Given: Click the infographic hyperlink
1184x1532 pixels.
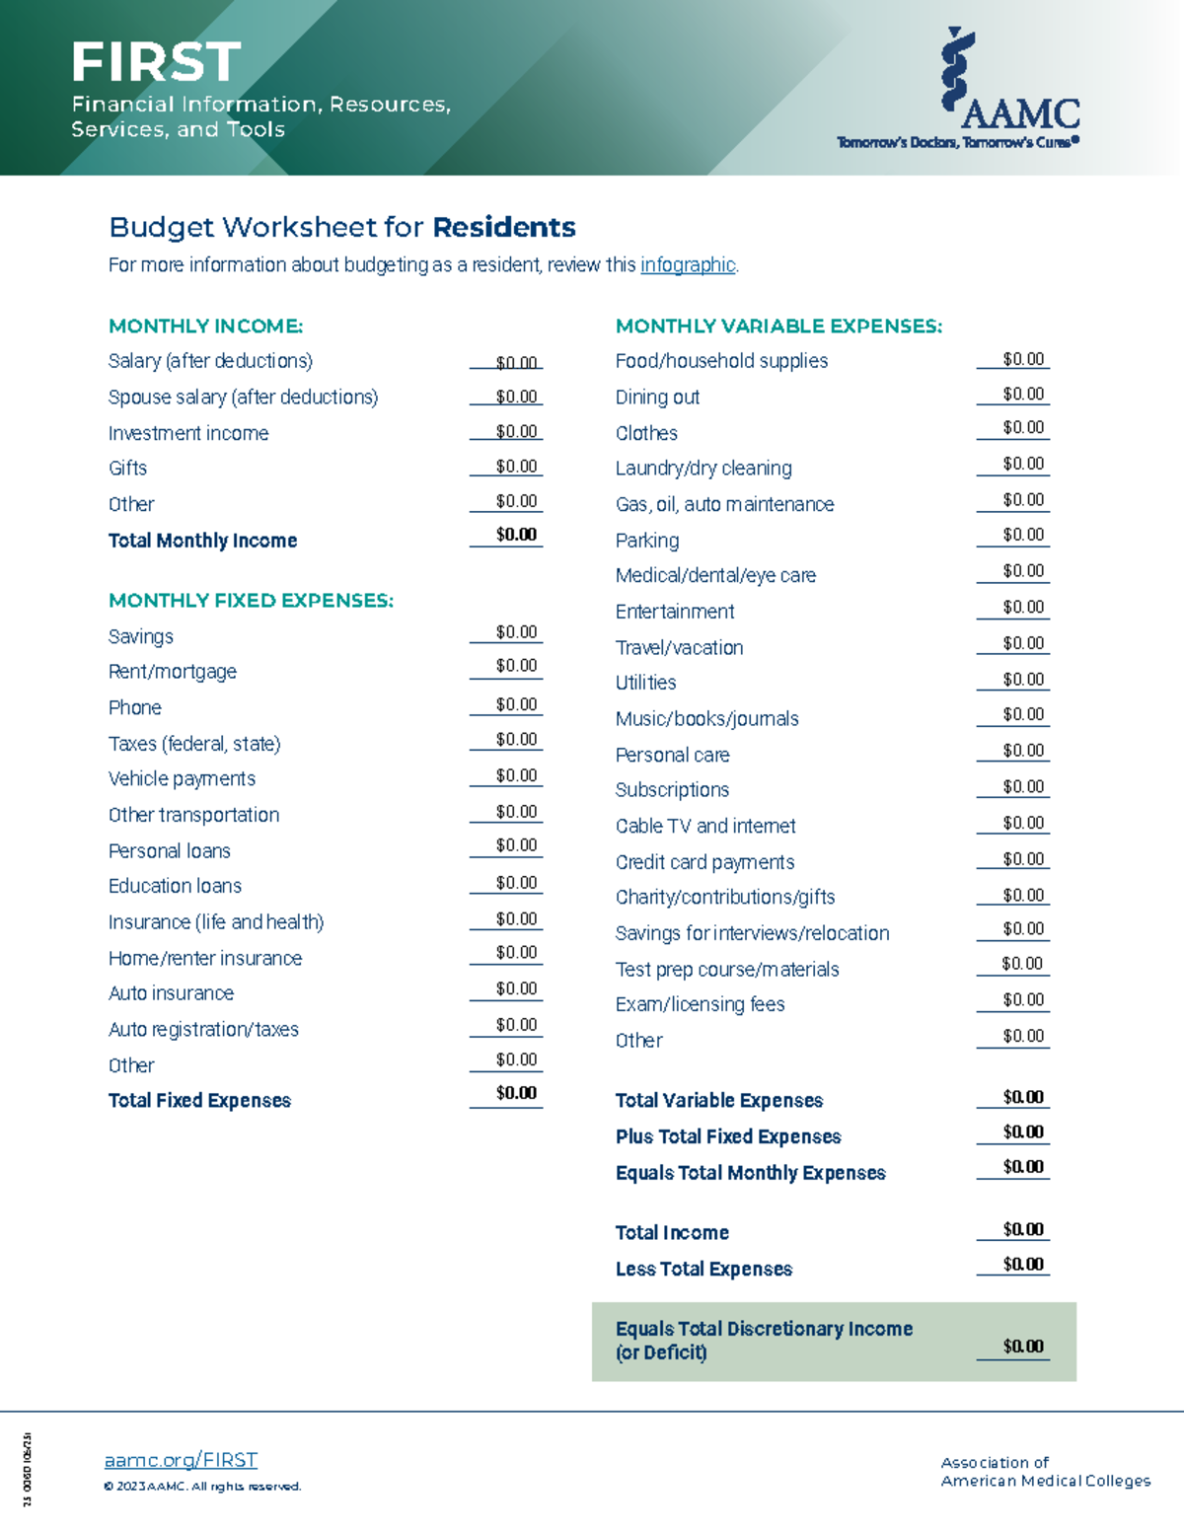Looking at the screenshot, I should pos(688,265).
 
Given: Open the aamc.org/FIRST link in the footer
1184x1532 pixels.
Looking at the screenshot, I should pos(181,1460).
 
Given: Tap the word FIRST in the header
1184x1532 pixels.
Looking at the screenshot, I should pos(156,62).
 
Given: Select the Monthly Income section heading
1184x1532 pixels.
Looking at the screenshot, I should pos(205,327).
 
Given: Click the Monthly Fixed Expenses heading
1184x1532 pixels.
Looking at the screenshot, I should pos(251,601).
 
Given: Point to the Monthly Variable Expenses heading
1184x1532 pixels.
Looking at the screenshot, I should pos(778,327).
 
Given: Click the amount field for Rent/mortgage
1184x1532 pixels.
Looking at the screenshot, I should pos(516,666).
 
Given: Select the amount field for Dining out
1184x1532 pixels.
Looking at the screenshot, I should pos(1022,395).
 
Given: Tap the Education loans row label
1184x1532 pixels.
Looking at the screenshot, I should pos(175,886).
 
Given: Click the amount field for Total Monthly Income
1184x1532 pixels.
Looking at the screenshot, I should pos(516,535).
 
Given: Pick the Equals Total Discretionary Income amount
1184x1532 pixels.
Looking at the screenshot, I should pos(1022,1347).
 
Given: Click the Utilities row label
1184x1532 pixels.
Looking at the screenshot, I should pos(645,683).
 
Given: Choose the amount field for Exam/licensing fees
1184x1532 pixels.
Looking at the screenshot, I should pos(1022,1000).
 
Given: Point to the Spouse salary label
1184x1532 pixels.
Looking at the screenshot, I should pos(243,398).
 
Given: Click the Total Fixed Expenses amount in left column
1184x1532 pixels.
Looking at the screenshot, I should pos(516,1093).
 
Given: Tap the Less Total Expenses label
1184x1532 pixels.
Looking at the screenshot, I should pos(703,1270).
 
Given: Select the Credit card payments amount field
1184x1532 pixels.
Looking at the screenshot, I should pos(1022,859).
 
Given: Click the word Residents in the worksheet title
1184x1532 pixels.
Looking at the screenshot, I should pos(504,228).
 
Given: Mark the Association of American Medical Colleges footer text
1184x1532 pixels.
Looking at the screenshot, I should pos(1045,1472).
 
